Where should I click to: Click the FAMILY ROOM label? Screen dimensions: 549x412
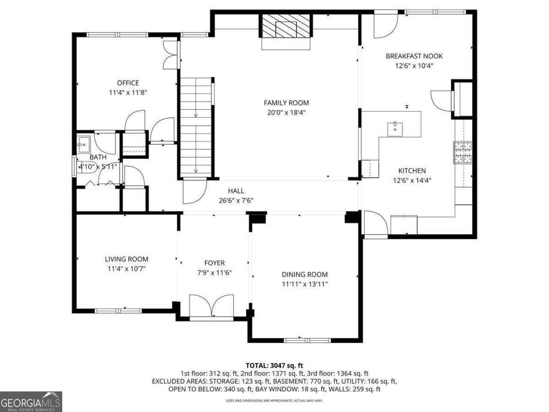(286, 103)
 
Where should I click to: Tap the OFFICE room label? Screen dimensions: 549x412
(128, 83)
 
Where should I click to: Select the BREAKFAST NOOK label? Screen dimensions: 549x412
(414, 56)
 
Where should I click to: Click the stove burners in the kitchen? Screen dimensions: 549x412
(463, 152)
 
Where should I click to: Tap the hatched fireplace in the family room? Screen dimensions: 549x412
(286, 26)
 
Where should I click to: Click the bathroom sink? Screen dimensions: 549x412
(83, 144)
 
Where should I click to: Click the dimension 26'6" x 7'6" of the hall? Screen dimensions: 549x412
(236, 201)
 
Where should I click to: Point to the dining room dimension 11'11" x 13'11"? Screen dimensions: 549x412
(305, 284)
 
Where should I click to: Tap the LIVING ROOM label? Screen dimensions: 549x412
(127, 259)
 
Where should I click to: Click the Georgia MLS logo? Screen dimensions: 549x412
(31, 401)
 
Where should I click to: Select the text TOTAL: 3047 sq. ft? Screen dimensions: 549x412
(274, 366)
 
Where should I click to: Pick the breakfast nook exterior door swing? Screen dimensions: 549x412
(386, 26)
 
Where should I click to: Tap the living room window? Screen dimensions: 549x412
(118, 311)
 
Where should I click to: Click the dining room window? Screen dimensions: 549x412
(307, 341)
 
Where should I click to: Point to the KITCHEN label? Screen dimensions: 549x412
(412, 171)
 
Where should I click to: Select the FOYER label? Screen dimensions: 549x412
(215, 263)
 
